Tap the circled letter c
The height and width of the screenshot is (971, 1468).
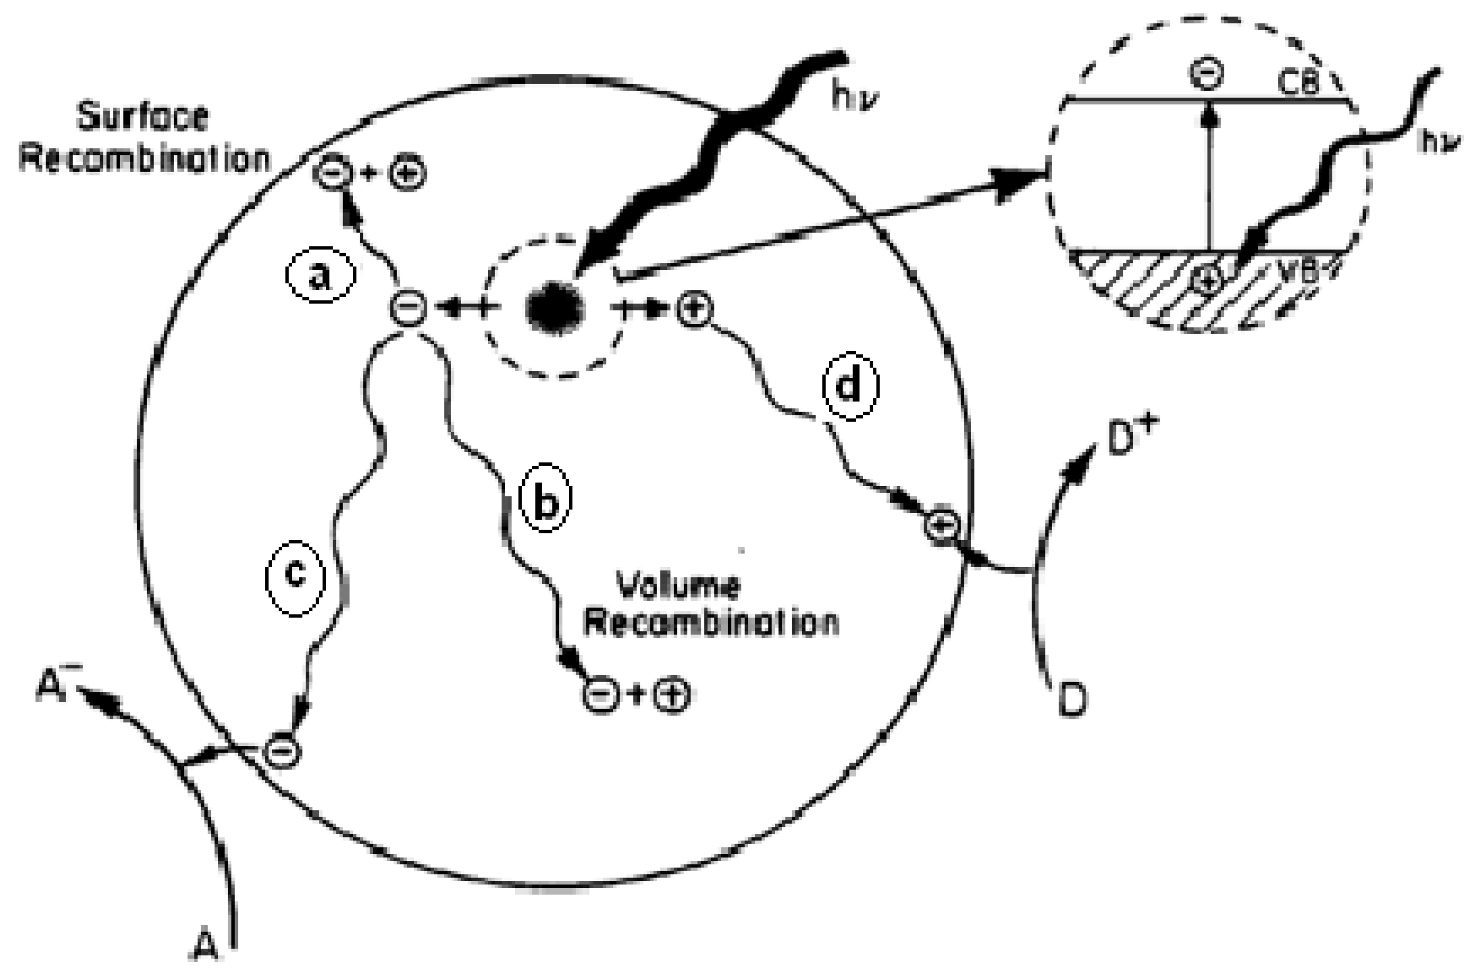coord(295,575)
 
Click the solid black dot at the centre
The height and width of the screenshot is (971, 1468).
coord(554,308)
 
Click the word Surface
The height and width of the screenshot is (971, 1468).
coord(142,117)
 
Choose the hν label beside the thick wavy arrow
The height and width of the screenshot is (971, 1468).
coord(855,98)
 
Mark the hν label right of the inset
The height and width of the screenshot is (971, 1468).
coord(1440,142)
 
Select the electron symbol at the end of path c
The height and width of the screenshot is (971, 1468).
coord(282,752)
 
